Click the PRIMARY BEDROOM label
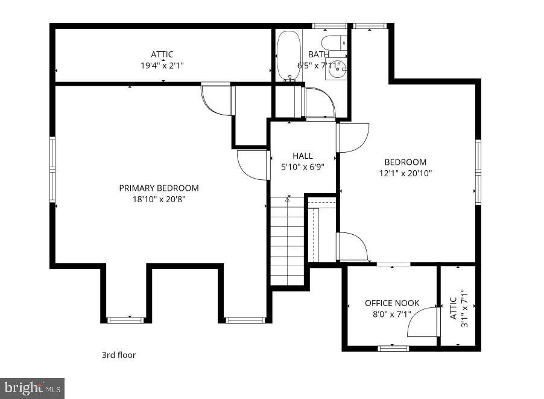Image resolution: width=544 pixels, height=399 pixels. click(x=159, y=188)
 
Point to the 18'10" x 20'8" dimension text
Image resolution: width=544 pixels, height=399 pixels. click(x=159, y=199)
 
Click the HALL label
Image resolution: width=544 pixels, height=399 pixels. click(x=303, y=156)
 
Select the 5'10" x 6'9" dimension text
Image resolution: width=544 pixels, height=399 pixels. click(x=303, y=167)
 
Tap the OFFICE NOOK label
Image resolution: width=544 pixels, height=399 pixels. click(x=392, y=303)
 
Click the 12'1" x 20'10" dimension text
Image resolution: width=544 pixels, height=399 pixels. click(x=405, y=173)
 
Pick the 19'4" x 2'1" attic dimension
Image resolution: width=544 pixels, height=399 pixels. click(x=162, y=65)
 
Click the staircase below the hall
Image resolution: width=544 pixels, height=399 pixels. click(x=288, y=241)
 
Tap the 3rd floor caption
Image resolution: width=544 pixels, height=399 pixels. click(x=118, y=355)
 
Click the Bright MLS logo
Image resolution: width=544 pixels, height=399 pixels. click(x=33, y=388)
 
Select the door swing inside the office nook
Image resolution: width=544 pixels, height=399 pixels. click(x=422, y=322)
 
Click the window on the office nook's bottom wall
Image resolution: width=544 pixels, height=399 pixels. click(x=393, y=348)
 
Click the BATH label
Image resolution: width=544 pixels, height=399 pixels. click(x=318, y=54)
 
